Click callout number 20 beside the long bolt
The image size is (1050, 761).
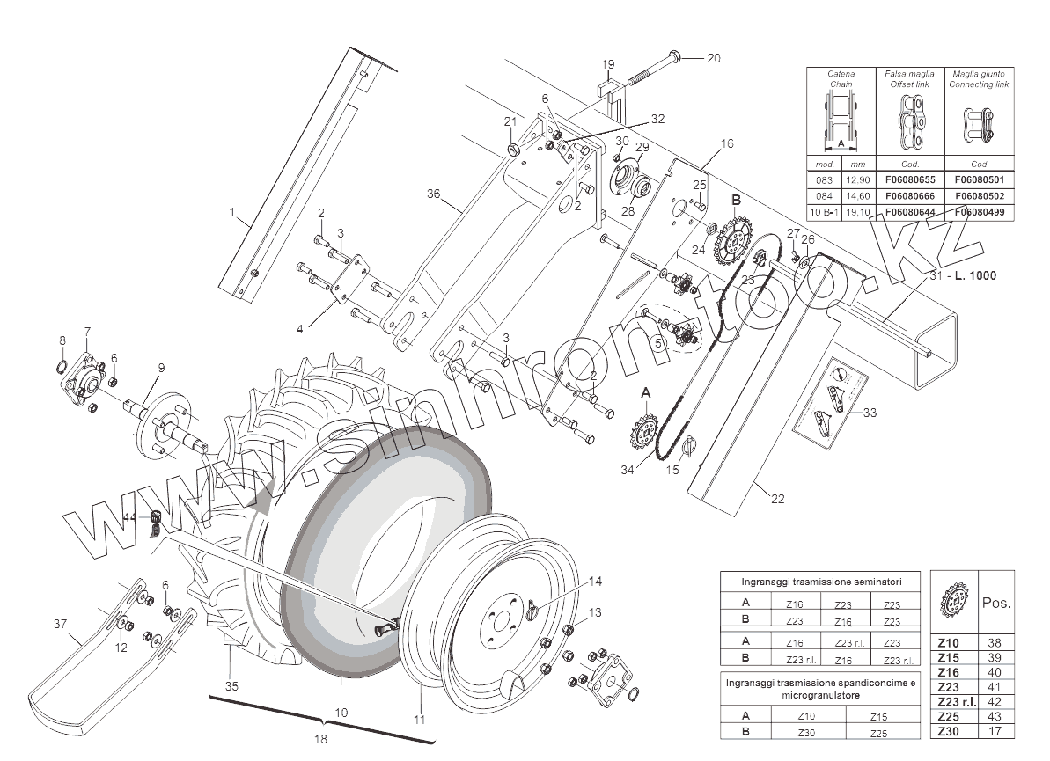714,58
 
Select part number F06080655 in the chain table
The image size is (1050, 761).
911,179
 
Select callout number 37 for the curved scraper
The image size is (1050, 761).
60,625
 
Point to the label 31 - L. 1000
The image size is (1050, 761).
963,275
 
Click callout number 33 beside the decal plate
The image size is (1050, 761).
870,412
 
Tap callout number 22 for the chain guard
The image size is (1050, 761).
777,499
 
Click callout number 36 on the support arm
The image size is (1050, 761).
433,194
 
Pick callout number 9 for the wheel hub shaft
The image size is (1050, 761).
162,368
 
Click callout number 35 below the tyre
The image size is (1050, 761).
231,685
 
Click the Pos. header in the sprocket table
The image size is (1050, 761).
995,604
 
